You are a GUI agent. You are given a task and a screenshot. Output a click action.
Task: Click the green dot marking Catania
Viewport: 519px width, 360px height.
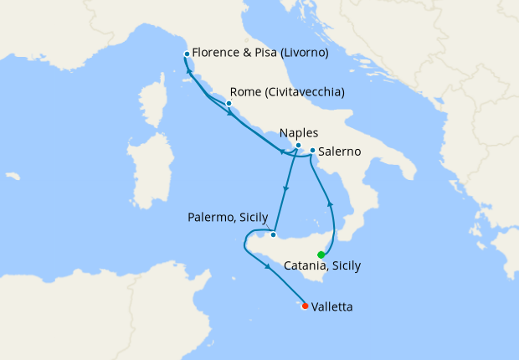pos(321,255)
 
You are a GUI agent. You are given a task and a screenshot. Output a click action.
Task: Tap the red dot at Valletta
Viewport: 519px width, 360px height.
pos(305,306)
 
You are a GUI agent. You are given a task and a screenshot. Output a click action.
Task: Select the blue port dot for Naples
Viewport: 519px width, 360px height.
pos(298,145)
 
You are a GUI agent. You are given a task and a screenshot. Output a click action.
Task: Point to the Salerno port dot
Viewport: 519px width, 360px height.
pos(312,151)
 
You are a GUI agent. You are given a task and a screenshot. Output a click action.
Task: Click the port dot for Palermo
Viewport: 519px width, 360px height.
pos(273,234)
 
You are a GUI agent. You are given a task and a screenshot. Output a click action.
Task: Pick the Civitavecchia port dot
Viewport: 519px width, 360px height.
pos(229,104)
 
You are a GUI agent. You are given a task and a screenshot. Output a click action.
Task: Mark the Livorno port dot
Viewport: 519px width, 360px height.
pos(186,54)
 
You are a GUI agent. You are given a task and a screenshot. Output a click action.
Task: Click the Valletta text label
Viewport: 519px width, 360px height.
pos(331,307)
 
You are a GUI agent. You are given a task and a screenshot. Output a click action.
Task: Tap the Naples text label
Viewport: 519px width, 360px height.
pos(299,132)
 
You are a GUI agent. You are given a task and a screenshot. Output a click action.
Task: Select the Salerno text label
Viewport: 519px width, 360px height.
pos(340,152)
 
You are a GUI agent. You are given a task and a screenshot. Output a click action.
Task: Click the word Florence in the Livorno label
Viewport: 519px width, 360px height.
pos(217,52)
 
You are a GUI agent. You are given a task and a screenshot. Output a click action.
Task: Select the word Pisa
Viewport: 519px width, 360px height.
pos(266,52)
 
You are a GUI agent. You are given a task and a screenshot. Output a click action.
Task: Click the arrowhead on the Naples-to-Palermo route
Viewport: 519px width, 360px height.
pos(286,188)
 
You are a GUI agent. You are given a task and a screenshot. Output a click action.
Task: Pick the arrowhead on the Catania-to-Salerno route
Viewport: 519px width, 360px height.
pos(329,203)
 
